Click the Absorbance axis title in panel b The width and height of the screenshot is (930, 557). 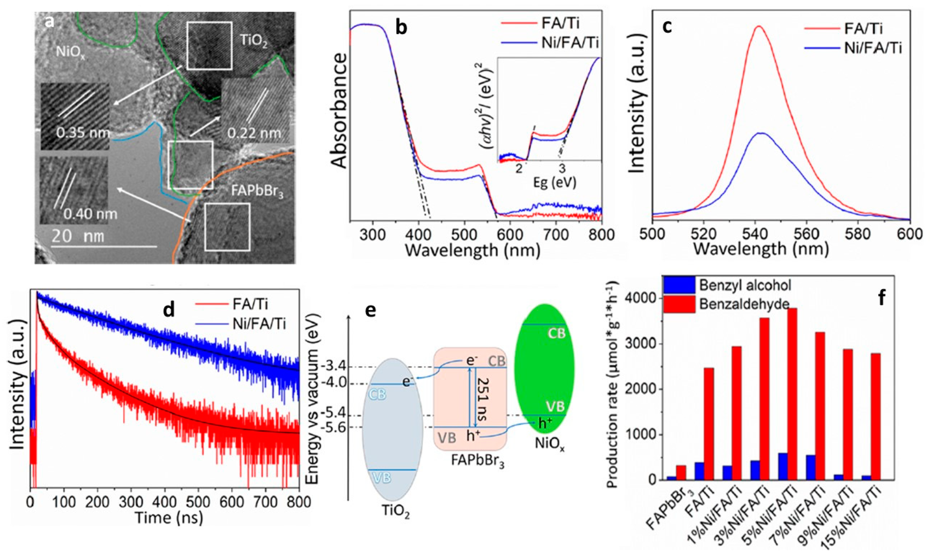click(340, 111)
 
